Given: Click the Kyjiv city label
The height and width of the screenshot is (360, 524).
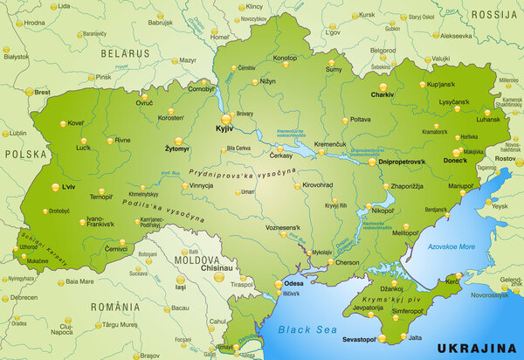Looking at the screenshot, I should click(225, 129).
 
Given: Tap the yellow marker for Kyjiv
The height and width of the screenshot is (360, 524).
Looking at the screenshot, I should click(225, 119).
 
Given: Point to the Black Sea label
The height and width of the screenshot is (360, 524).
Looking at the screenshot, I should click(300, 330).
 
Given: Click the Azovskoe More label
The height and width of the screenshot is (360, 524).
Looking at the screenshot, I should click(452, 247).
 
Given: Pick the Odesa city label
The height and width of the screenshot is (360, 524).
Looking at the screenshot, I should click(295, 282).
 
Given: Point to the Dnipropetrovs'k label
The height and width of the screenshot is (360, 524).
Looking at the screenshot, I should click(401, 163).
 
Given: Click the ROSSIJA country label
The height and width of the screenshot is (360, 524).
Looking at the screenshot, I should click(493, 15).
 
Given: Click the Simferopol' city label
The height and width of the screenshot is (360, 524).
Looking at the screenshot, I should click(407, 311).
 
